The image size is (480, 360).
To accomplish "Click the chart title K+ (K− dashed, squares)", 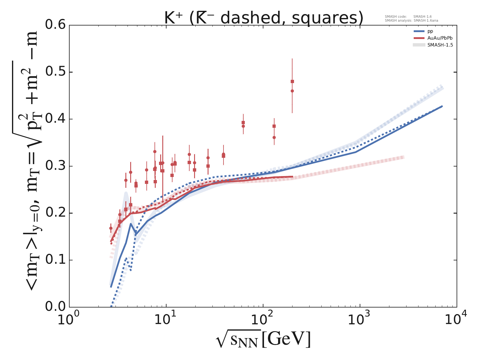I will [x=263, y=18].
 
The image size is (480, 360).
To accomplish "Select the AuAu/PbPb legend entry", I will [x=438, y=38].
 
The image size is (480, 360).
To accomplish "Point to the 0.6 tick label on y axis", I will [x=55, y=25].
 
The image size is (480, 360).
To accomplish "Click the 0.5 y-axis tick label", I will [x=55, y=72].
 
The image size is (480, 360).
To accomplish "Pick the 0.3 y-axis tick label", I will [x=55, y=166].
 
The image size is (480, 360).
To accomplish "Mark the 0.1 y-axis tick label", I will [x=55, y=260].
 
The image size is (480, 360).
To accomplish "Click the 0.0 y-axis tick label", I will [x=55, y=307].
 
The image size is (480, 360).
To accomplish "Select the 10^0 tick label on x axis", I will [x=69, y=319].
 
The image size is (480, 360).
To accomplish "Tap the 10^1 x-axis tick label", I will [x=166, y=319].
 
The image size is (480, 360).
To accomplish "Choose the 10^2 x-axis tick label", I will [x=263, y=319].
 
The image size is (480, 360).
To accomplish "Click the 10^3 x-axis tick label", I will [x=360, y=319].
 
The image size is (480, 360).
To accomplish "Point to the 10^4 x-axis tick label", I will [x=456, y=319].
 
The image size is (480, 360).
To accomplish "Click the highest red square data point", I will [x=292, y=82].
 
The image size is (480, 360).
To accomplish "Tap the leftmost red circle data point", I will [x=111, y=228].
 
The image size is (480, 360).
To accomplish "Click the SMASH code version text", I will [x=408, y=17].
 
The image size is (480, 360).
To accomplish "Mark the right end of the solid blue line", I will [x=442, y=106].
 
